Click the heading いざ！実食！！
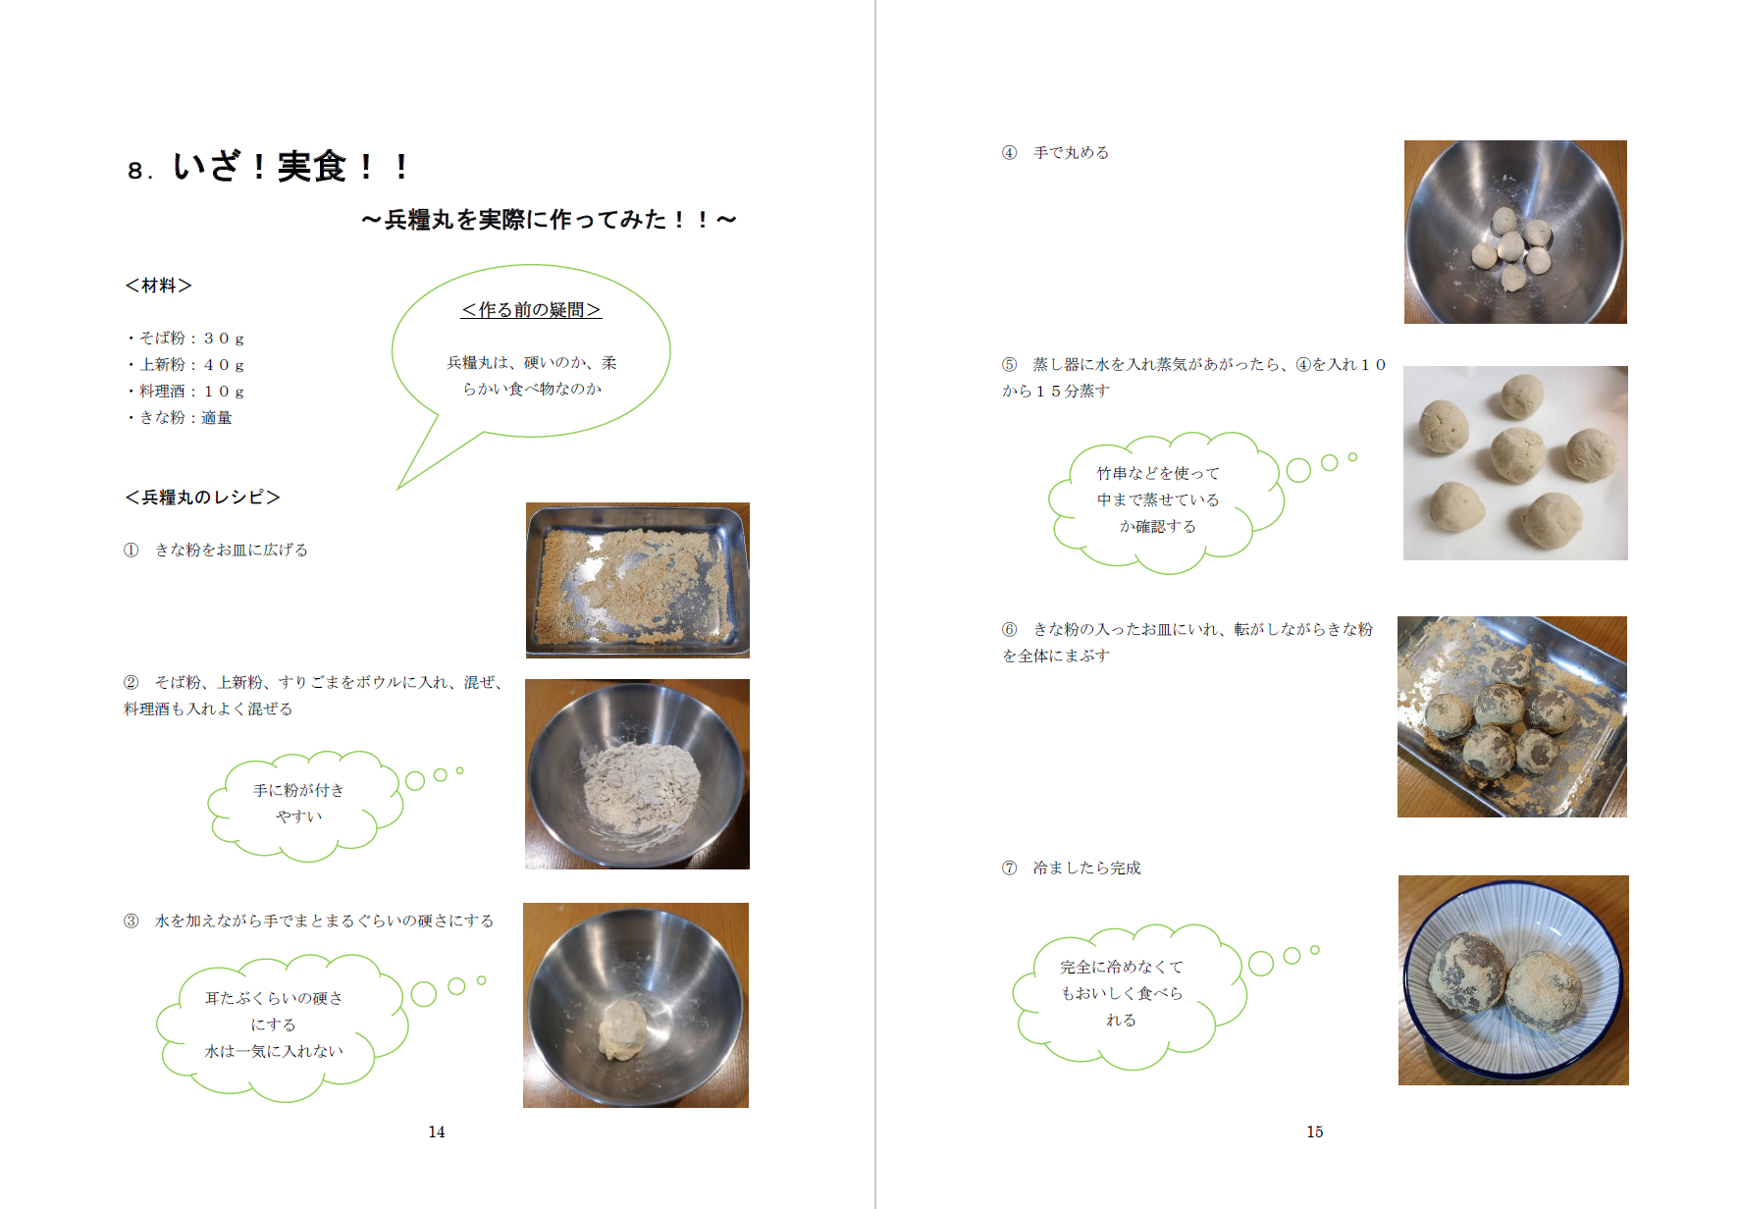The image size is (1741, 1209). [291, 167]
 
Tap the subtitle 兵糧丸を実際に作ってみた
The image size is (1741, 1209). [549, 220]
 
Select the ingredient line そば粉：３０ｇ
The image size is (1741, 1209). [186, 338]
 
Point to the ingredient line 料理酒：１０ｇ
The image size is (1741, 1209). [186, 391]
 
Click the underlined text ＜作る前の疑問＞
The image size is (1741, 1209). [531, 310]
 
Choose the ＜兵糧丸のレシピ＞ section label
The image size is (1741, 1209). [203, 498]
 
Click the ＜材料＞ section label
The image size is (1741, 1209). [158, 286]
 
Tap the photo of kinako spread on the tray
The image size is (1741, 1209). [638, 580]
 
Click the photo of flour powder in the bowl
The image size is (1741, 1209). [638, 774]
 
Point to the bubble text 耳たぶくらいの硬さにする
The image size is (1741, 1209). [274, 1011]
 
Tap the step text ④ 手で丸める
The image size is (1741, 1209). [1056, 153]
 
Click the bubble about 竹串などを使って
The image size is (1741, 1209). [1166, 501]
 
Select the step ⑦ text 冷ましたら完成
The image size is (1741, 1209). [1072, 868]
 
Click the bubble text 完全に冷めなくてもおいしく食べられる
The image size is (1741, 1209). [1122, 994]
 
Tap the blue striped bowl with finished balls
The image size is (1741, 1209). [1513, 980]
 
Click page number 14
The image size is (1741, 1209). [437, 1131]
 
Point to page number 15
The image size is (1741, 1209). [1315, 1131]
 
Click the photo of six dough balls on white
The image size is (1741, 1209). [1515, 463]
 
